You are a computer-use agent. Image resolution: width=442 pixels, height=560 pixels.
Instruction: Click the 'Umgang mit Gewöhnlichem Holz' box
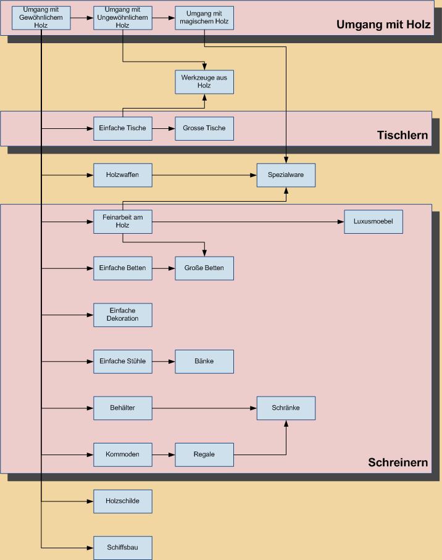(41, 18)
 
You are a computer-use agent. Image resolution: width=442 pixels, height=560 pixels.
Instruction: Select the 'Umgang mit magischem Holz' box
(204, 18)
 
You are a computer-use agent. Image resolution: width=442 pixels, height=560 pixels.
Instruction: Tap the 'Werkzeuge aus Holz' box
(204, 81)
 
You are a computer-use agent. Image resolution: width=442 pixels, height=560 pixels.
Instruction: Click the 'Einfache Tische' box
(123, 128)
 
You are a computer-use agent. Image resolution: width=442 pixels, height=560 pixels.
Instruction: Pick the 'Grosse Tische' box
(204, 128)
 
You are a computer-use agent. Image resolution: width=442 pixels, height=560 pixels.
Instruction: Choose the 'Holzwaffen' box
(123, 175)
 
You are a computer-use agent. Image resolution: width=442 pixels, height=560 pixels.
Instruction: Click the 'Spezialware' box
(286, 175)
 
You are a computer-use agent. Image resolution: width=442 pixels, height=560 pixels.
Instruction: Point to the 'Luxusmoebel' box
(373, 221)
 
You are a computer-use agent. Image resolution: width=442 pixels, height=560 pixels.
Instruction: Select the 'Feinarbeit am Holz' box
(123, 221)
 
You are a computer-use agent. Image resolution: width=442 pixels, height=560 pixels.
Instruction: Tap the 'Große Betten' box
(204, 268)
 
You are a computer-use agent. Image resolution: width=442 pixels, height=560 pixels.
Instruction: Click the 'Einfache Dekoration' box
(123, 315)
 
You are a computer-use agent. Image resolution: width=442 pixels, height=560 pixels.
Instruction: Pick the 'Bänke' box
(204, 361)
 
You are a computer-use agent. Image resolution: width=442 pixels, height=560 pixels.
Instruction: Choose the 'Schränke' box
(286, 408)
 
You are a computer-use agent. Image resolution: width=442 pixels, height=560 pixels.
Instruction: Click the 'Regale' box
(204, 455)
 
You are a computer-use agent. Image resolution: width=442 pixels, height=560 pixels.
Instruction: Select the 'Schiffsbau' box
(123, 548)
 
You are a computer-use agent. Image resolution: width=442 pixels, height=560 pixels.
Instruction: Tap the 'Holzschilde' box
(123, 501)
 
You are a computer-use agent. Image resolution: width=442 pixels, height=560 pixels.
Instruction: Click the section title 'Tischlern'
(402, 135)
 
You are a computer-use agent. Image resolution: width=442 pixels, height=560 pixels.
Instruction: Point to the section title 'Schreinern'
(398, 463)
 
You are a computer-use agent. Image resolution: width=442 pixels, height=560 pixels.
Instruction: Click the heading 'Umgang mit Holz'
(383, 25)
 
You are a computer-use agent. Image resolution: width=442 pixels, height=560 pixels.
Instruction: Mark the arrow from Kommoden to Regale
(164, 455)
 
